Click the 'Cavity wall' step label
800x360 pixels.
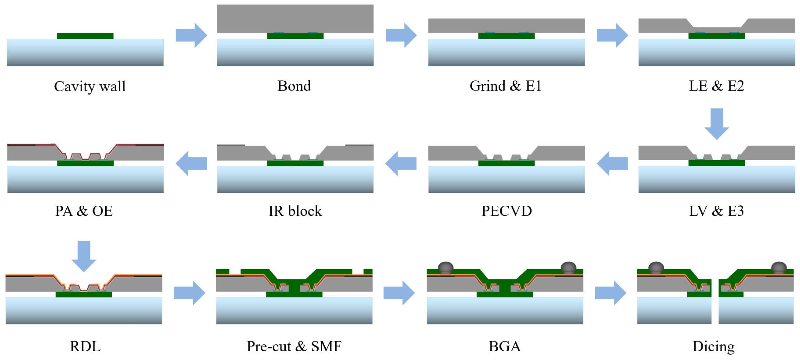[90, 86]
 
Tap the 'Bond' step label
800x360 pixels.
[294, 86]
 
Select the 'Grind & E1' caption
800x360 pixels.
[505, 86]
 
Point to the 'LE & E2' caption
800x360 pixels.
[716, 86]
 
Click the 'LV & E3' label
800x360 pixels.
[716, 211]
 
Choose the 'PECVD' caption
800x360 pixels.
[506, 211]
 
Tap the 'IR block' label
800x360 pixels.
[295, 211]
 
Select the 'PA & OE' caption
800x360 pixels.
[83, 211]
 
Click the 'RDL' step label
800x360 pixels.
[85, 346]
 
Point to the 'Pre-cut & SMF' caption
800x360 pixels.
[294, 346]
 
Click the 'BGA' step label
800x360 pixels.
[504, 346]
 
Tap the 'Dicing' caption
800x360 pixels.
[713, 346]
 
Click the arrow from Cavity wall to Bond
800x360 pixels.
[191, 35]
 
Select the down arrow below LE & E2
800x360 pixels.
[717, 123]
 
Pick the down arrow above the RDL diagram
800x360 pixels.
[83, 256]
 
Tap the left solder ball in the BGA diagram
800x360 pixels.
[446, 268]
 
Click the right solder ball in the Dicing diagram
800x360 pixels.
[779, 268]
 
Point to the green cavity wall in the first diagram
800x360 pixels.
[85, 36]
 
